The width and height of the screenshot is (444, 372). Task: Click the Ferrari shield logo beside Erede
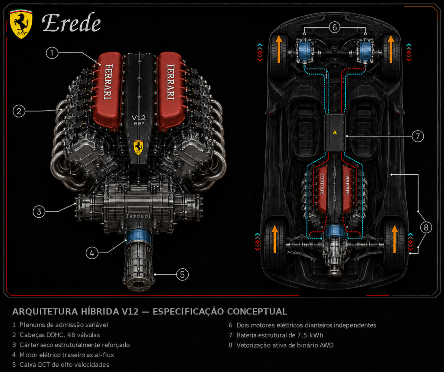pyautogui.click(x=21, y=24)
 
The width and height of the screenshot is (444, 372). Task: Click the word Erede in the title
pyautogui.click(x=72, y=23)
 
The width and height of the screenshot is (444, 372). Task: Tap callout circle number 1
pyautogui.click(x=52, y=53)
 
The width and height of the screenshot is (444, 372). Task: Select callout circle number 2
pyautogui.click(x=19, y=111)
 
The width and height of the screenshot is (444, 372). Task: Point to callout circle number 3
pyautogui.click(x=39, y=212)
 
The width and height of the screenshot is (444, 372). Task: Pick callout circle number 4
pyautogui.click(x=92, y=253)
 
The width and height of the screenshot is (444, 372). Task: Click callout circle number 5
pyautogui.click(x=183, y=274)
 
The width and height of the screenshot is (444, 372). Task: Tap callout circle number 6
pyautogui.click(x=334, y=27)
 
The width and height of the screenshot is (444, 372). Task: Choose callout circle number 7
pyautogui.click(x=418, y=136)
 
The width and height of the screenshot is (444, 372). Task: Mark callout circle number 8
pyautogui.click(x=426, y=227)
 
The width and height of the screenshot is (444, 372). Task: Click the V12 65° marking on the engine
pyautogui.click(x=139, y=120)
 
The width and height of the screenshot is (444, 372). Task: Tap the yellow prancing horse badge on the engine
pyautogui.click(x=138, y=147)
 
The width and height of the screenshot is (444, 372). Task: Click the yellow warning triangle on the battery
pyautogui.click(x=335, y=132)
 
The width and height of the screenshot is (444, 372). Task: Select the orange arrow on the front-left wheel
pyautogui.click(x=279, y=49)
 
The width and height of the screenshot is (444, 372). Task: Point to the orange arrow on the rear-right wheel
pyautogui.click(x=395, y=239)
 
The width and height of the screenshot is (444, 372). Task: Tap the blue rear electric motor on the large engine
pyautogui.click(x=139, y=237)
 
